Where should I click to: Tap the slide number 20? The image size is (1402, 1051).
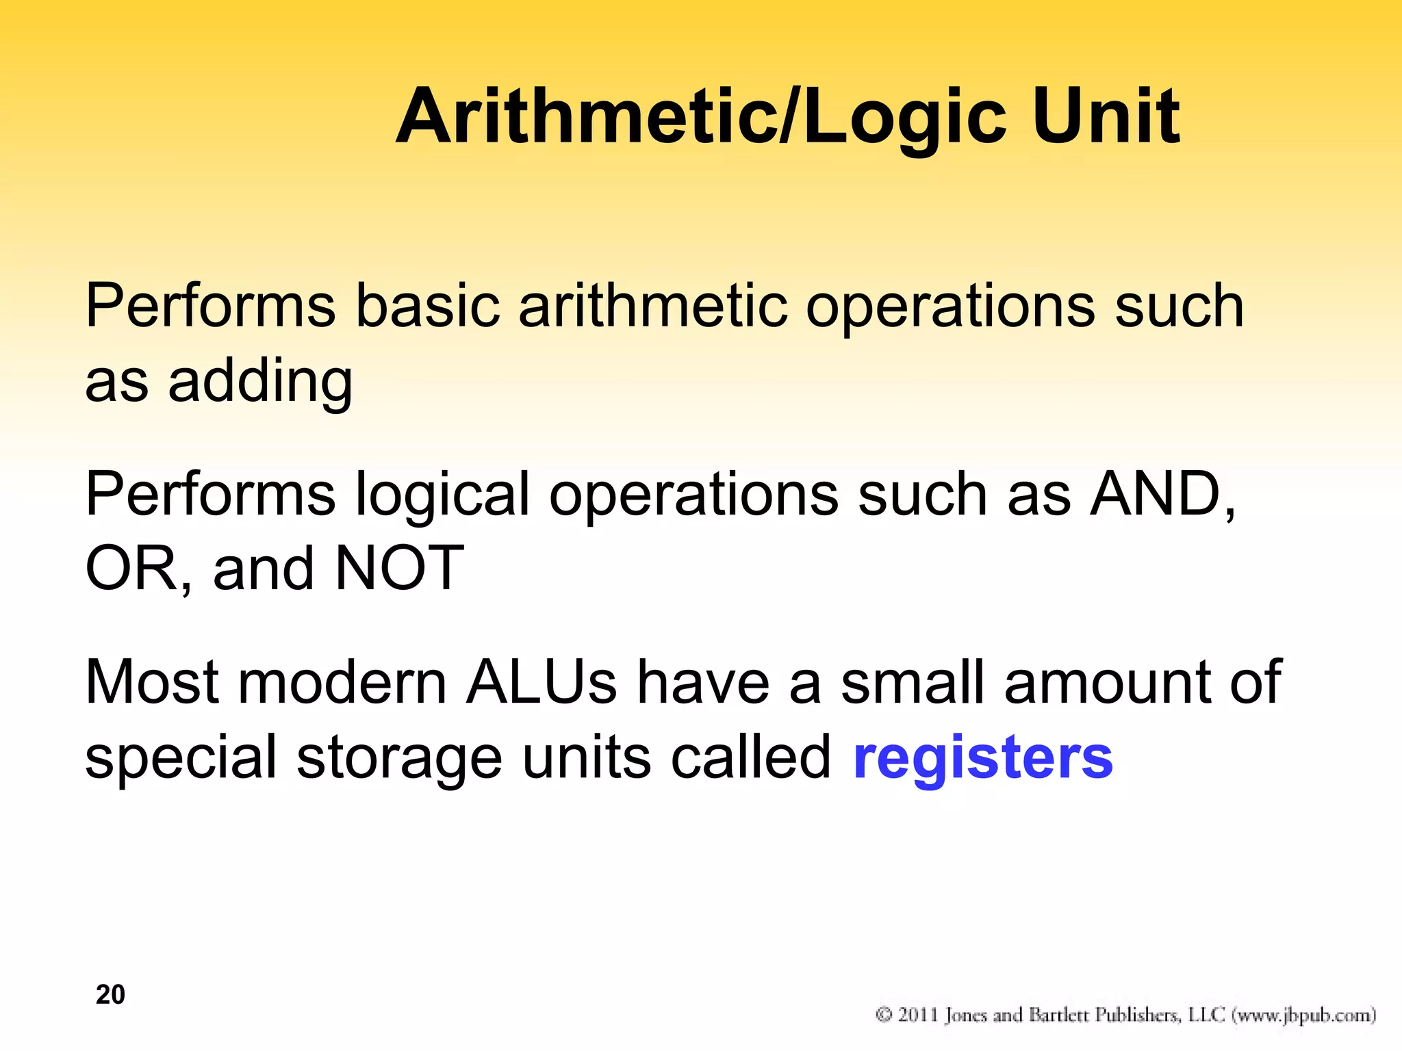[110, 994]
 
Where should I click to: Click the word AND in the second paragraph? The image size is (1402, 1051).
[1160, 494]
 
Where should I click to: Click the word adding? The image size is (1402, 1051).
[260, 381]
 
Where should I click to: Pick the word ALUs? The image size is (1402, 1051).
[541, 682]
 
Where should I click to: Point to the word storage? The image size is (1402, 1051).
[400, 760]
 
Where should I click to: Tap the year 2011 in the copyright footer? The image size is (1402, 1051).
[917, 1015]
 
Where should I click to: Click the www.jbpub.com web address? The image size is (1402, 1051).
[1303, 1015]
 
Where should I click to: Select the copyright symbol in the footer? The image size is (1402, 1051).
[884, 1015]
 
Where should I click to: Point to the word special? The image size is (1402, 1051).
[181, 760]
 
